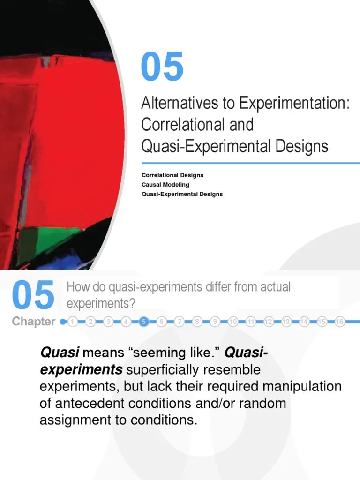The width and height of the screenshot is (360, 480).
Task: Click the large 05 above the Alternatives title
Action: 162,67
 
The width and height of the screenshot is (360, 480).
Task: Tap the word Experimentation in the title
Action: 293,103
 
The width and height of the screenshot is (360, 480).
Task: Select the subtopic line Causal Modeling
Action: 165,185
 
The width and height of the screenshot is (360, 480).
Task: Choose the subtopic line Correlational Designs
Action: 172,175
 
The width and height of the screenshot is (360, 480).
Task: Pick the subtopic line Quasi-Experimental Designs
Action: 182,194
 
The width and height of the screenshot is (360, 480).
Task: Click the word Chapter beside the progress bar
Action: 33,322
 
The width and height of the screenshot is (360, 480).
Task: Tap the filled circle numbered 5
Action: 144,322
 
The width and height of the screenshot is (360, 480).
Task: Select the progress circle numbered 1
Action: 73,322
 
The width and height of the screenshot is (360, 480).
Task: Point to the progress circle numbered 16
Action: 340,322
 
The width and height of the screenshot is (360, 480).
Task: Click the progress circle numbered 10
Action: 233,322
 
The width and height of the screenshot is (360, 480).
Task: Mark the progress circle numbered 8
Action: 197,322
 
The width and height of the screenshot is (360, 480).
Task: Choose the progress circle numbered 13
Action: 286,322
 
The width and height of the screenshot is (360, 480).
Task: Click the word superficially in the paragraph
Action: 169,370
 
